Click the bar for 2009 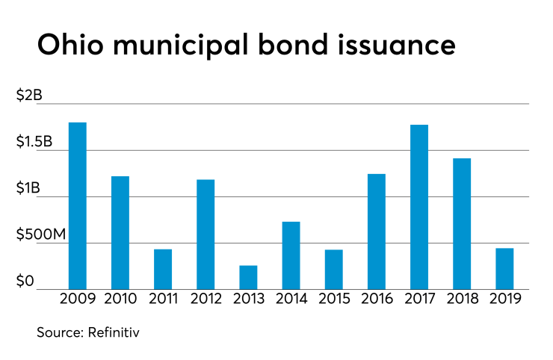pos(78,206)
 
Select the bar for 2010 pos(120,233)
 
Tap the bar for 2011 pos(163,270)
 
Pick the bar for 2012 pos(206,235)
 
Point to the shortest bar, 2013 pos(248,278)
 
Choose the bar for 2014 pos(291,255)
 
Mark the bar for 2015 pos(333,270)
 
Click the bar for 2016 pos(376,232)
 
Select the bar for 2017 pos(419,207)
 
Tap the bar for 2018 pos(462,224)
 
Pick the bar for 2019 pos(504,269)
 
